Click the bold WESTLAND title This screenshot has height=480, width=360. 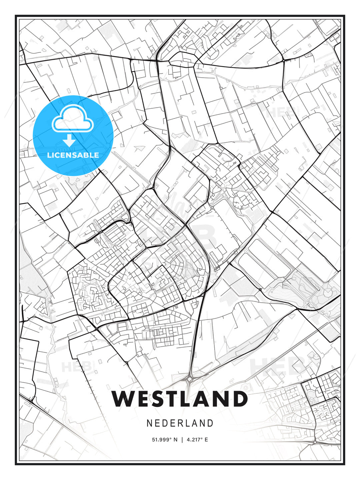[x=180, y=399]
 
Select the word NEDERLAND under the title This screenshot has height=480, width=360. [x=180, y=423]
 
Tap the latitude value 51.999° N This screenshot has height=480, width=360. [x=165, y=440]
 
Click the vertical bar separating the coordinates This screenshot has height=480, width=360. [x=182, y=440]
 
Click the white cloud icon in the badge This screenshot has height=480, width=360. [x=72, y=119]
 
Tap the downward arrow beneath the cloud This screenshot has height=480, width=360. [x=69, y=141]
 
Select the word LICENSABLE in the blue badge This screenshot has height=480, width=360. [x=73, y=155]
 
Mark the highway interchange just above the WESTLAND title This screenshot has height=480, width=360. [x=189, y=379]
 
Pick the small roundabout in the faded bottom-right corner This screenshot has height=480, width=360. [x=315, y=442]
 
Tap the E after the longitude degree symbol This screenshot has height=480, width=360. [x=206, y=440]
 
